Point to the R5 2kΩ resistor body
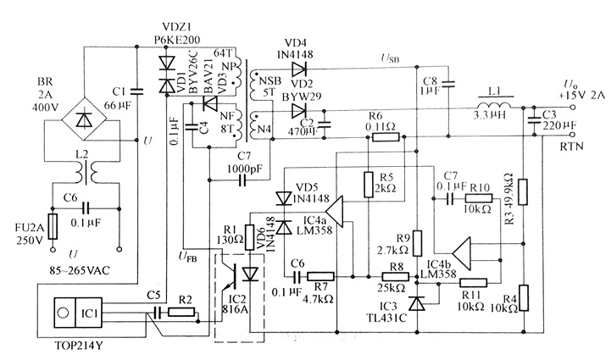(x=369, y=184)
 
